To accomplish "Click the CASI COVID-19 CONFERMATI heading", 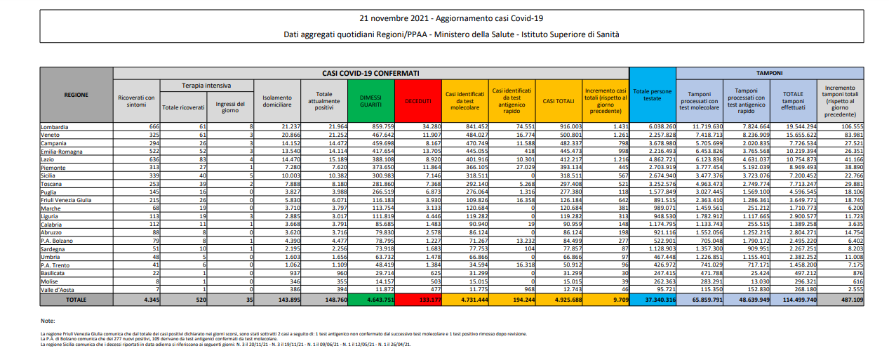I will pyautogui.click(x=370, y=72).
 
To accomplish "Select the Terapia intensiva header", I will pyautogui.click(x=207, y=85).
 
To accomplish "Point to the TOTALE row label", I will pyautogui.click(x=76, y=299).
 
